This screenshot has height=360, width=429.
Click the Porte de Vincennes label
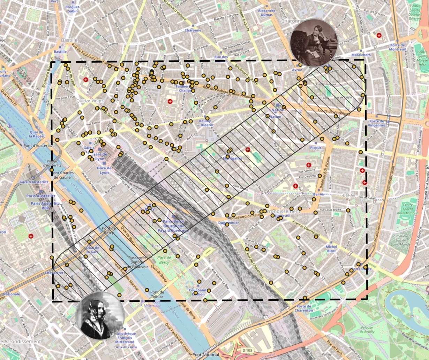pos(377,123)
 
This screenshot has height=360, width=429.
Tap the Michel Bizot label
pos(331,248)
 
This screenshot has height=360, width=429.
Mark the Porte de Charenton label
pos(304,308)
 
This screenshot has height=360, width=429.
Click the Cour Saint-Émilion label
pos(197,292)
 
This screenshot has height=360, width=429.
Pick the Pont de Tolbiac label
pos(157,294)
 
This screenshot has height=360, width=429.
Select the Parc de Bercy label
pos(164,260)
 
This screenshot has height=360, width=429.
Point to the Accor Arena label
pos(140,222)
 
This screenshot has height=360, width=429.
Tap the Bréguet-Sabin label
pos(73,9)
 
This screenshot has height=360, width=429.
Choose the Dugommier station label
pos(228,223)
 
